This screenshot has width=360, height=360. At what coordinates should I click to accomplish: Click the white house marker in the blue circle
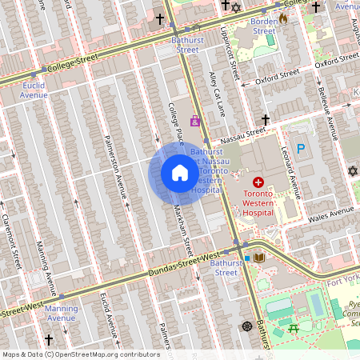click(x=179, y=173)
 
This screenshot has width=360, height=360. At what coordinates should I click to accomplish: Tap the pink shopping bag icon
click(x=194, y=121)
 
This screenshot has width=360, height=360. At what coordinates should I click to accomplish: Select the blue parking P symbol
click(x=301, y=148)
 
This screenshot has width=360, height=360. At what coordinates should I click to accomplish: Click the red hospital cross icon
click(x=258, y=182)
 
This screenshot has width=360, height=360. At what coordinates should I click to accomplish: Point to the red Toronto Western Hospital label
click(x=258, y=203)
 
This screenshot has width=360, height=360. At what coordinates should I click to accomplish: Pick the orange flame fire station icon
click(x=282, y=19)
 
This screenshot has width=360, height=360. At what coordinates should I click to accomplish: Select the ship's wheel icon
click(x=247, y=326)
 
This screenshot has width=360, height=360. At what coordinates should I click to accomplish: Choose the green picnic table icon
click(x=294, y=327)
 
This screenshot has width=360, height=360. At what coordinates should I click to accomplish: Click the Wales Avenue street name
click(x=330, y=214)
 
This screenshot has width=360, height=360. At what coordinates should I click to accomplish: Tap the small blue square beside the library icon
click(x=248, y=258)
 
